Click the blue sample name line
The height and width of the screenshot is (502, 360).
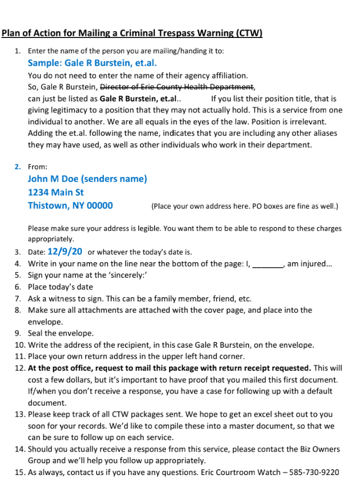click(92, 63)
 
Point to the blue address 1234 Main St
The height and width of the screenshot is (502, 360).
click(56, 192)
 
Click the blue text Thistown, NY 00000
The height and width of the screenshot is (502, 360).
click(70, 205)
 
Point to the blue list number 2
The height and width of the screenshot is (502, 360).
click(17, 167)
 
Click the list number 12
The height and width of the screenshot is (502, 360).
click(19, 368)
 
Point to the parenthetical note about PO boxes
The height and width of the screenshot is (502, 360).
click(244, 206)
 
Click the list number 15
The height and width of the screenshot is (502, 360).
click(19, 472)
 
